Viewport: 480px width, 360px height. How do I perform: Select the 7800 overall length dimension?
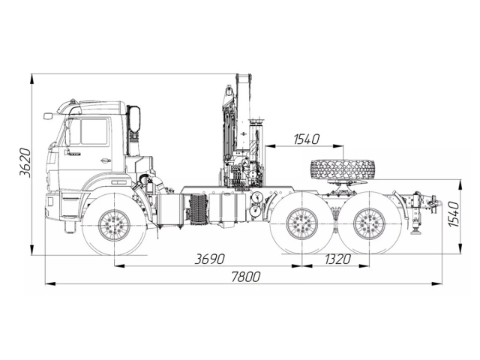[x=245, y=277]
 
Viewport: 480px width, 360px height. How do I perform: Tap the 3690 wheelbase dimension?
[x=210, y=259]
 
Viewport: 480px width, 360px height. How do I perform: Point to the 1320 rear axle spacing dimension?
[x=337, y=259]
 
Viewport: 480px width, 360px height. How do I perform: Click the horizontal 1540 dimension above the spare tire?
[x=307, y=139]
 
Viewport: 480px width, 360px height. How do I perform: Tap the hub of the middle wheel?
[x=302, y=223]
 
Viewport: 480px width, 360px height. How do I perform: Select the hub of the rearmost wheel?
[x=369, y=223]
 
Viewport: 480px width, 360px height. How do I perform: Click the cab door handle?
[x=105, y=160]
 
